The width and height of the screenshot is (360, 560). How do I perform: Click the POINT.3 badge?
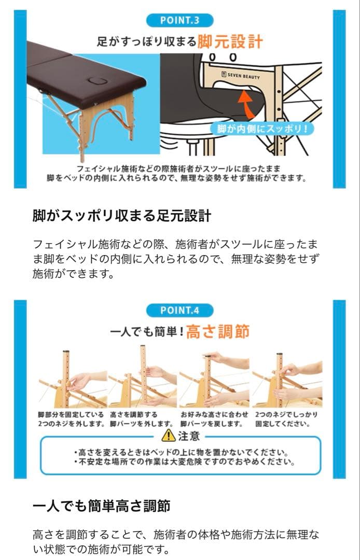179,20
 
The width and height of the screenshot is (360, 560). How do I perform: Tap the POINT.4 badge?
179,310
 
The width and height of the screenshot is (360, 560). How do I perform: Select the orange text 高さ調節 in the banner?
218,331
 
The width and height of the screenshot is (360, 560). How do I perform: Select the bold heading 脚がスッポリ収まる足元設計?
122,216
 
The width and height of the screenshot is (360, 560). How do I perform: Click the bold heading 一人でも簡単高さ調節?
102,506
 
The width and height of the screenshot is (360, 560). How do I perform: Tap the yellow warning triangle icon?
168,435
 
